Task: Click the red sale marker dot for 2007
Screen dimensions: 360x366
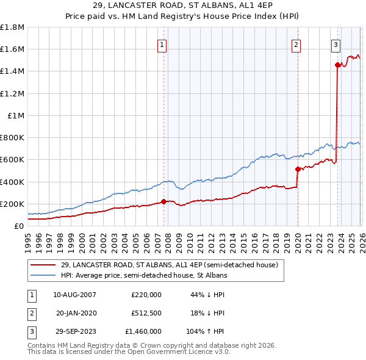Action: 163,201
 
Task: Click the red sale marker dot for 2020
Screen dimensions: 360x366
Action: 298,169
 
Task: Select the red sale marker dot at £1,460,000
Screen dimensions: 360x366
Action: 337,64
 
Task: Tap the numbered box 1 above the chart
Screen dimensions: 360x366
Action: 162,44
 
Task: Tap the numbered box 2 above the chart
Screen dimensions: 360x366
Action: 296,44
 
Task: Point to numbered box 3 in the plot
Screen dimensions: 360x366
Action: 336,44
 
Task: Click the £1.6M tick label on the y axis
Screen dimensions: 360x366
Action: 12,49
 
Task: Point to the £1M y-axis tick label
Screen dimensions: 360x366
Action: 16,115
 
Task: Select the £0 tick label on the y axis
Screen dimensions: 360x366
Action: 18,226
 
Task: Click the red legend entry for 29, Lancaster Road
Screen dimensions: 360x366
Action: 169,265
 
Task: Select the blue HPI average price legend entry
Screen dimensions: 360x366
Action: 143,276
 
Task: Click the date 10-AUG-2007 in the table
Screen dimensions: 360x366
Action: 74,294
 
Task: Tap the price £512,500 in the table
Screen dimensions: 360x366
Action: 146,313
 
